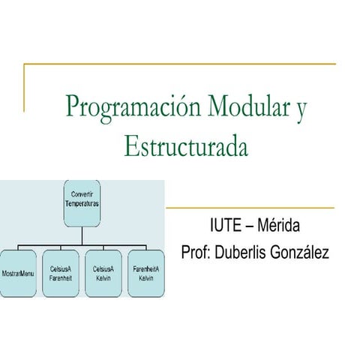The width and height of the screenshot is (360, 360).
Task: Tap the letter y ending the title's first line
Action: (301, 109)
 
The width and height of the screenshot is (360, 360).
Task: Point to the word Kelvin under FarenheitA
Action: (146, 278)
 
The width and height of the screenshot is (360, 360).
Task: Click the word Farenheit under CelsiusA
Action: (60, 278)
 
